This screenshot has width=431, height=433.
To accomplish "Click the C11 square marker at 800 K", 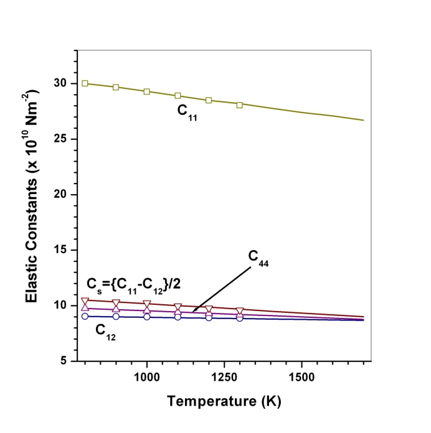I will click(x=85, y=83).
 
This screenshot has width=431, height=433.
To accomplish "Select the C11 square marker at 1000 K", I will click(x=147, y=91).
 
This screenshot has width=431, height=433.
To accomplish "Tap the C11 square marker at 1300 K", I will click(x=240, y=105).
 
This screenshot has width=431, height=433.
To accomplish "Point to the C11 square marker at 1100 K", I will click(x=178, y=96).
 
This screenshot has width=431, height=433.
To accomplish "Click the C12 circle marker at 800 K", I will click(x=85, y=316).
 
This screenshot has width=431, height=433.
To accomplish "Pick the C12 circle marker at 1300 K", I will click(x=240, y=318).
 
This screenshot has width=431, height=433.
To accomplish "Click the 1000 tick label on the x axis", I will click(x=147, y=378).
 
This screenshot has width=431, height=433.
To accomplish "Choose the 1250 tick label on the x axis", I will click(x=224, y=378).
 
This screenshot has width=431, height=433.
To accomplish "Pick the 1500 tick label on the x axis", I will click(x=301, y=378).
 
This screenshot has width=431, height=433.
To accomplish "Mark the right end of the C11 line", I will click(x=363, y=120).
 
